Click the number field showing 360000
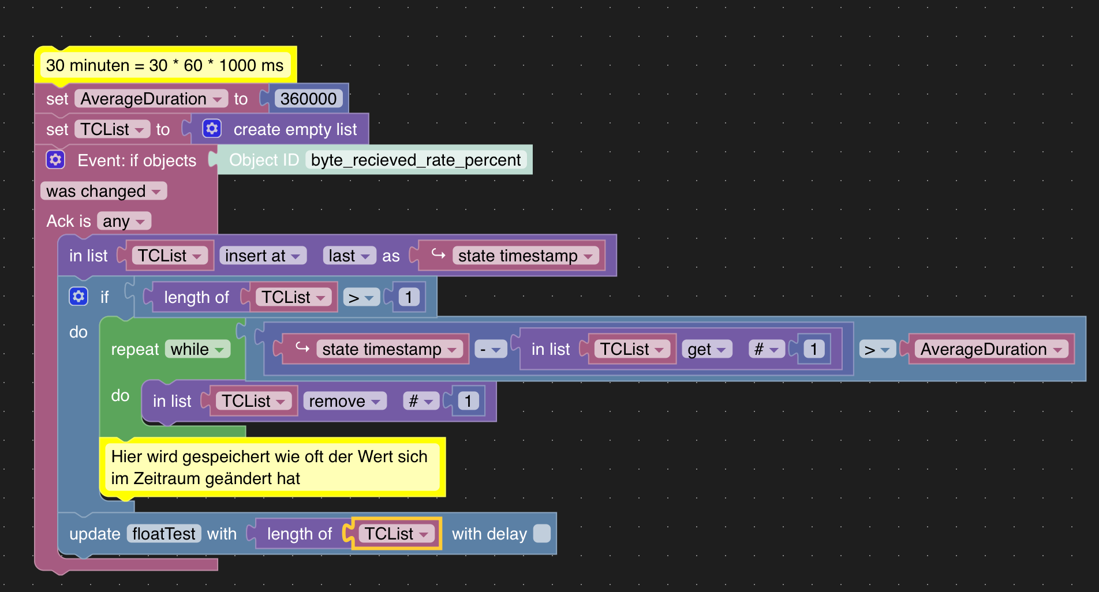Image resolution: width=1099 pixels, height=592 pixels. pyautogui.click(x=308, y=99)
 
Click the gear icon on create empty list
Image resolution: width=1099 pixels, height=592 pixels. pyautogui.click(x=212, y=129)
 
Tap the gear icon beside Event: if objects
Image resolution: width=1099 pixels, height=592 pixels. pyautogui.click(x=55, y=160)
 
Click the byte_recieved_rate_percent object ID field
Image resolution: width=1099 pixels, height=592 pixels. pyautogui.click(x=416, y=160)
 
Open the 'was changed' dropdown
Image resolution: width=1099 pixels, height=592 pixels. pyautogui.click(x=103, y=191)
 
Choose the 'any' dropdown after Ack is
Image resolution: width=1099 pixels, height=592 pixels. pyautogui.click(x=124, y=221)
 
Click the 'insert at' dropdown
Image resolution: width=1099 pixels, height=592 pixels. pyautogui.click(x=262, y=256)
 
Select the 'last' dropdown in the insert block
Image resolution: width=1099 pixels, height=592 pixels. pyautogui.click(x=349, y=256)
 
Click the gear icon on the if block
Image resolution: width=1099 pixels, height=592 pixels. pyautogui.click(x=78, y=297)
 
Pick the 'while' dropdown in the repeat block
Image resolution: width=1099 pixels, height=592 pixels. pyautogui.click(x=197, y=349)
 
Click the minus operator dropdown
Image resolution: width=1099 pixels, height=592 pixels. pyautogui.click(x=491, y=349)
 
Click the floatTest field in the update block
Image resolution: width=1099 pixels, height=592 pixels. pyautogui.click(x=164, y=534)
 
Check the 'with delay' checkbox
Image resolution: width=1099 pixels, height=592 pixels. pyautogui.click(x=541, y=534)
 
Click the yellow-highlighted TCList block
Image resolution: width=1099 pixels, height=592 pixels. pyautogui.click(x=396, y=534)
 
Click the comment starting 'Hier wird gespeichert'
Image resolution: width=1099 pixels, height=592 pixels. pyautogui.click(x=271, y=467)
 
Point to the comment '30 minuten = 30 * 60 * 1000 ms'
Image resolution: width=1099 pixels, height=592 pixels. pyautogui.click(x=165, y=65)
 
